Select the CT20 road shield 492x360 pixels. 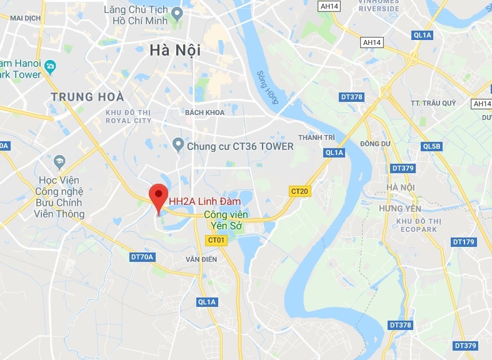(300, 191)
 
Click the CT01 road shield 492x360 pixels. (216, 240)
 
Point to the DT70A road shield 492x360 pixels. (142, 257)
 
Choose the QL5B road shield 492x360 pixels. (432, 146)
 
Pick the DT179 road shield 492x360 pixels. (463, 242)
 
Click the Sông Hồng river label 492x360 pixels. (267, 87)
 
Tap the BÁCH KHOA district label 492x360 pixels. (204, 112)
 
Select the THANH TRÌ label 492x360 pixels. (317, 137)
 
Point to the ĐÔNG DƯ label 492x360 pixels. (375, 143)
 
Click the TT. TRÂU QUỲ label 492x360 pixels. (431, 102)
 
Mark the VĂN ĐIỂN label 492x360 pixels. (201, 259)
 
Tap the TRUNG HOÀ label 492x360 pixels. (88, 97)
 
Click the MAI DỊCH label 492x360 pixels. (26, 19)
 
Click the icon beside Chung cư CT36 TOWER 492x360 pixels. (178, 146)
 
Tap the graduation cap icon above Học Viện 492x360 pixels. (59, 161)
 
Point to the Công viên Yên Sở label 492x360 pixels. (227, 221)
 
